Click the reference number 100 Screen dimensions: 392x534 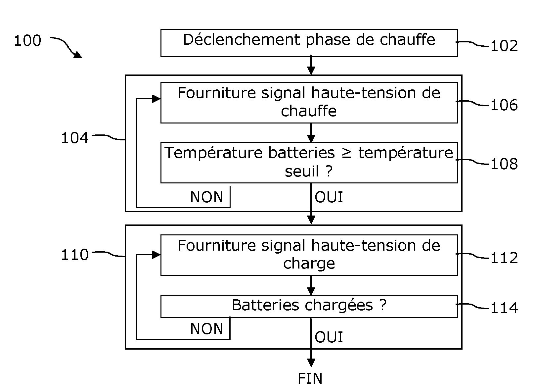[x=27, y=41]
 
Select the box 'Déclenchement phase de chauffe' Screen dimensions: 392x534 [x=309, y=43]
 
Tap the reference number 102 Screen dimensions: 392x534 [x=504, y=46]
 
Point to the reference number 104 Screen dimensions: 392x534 [x=75, y=138]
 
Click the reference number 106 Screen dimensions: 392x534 [x=504, y=105]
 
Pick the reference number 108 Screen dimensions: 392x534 [x=504, y=164]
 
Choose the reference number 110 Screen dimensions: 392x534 [x=75, y=255]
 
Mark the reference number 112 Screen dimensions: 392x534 [x=504, y=258]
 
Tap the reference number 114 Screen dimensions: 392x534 [x=504, y=308]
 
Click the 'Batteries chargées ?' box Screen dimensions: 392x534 [x=309, y=306]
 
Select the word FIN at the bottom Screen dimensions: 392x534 [x=310, y=378]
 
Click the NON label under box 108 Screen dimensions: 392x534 [x=207, y=197]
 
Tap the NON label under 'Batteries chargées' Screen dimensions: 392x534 [x=207, y=329]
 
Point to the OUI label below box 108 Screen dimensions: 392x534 [x=329, y=197]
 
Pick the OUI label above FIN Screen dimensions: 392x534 [x=329, y=337]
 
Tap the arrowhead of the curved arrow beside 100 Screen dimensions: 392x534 [x=78, y=55]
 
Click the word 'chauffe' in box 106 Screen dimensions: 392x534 [x=309, y=111]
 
